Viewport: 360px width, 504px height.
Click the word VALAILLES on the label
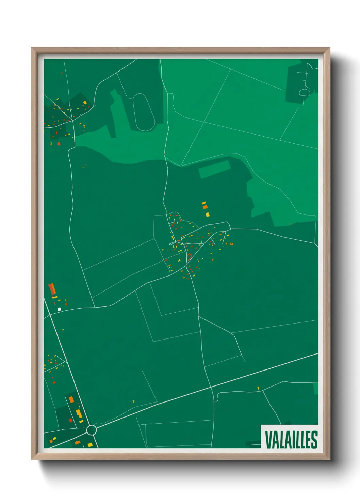click(291, 440)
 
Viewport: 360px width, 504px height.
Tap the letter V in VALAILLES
click(268, 440)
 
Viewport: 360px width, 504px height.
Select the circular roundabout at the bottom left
click(91, 430)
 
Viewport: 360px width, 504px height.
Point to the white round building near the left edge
click(60, 309)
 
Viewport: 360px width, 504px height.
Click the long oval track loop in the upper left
click(144, 112)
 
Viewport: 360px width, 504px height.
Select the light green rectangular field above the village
click(214, 169)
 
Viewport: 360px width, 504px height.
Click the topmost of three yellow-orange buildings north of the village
click(204, 203)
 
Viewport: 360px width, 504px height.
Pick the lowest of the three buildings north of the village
click(207, 215)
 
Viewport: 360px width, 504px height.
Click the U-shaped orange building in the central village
click(190, 256)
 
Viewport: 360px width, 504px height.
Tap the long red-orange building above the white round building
click(52, 289)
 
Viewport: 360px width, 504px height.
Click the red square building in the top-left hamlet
click(59, 144)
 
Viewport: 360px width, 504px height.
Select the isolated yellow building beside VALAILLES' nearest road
click(258, 388)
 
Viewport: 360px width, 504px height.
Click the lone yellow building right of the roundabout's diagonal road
click(133, 401)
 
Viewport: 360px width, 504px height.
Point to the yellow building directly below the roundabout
click(90, 445)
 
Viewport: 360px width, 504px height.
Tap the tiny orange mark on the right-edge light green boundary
click(291, 224)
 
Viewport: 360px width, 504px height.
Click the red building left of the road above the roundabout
click(71, 420)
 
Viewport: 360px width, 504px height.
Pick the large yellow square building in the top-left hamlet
click(85, 103)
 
